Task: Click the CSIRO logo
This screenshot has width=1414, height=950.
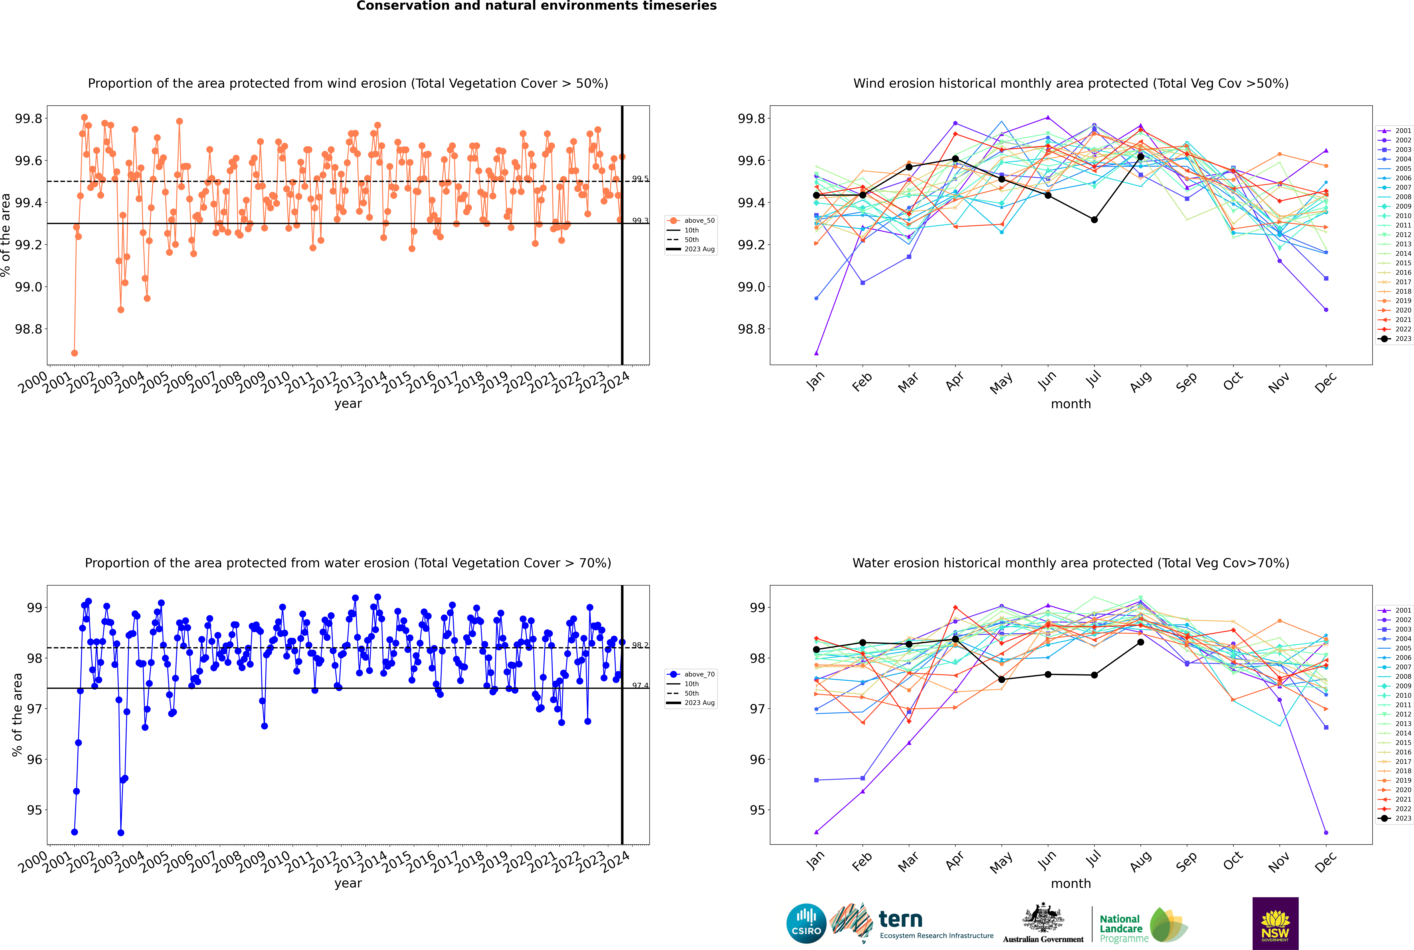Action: pos(806,923)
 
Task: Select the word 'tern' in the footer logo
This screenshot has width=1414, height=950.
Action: pos(901,920)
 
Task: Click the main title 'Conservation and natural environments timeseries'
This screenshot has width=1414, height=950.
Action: pos(536,6)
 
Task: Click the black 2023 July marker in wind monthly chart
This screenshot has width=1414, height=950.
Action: pos(1094,220)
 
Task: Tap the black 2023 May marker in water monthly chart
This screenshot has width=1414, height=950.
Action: pos(1001,679)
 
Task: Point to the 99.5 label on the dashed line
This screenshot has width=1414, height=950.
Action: pos(640,179)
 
